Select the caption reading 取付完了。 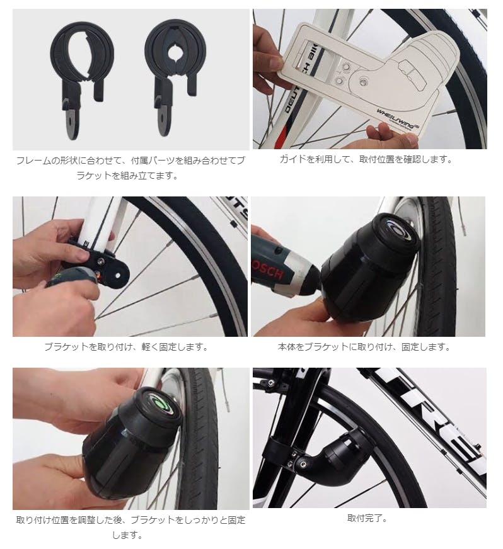pos(367,518)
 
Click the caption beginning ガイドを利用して pos(366,159)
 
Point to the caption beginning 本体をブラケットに pos(364,347)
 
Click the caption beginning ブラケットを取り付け pos(127,347)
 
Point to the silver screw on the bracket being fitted pos(101,261)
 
